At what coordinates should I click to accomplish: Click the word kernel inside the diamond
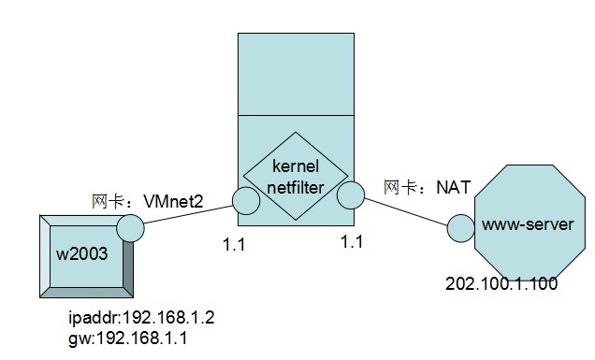click(x=296, y=166)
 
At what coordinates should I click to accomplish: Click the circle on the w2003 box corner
click(x=130, y=227)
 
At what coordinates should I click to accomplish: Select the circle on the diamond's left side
click(x=245, y=199)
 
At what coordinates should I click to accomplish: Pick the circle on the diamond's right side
click(x=351, y=195)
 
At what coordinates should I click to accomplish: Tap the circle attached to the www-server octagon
click(x=458, y=227)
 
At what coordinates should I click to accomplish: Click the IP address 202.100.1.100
click(x=501, y=284)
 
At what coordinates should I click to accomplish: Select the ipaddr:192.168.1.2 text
click(x=140, y=318)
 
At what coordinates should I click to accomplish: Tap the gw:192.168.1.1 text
click(x=127, y=338)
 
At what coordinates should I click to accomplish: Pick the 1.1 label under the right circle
click(x=352, y=241)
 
